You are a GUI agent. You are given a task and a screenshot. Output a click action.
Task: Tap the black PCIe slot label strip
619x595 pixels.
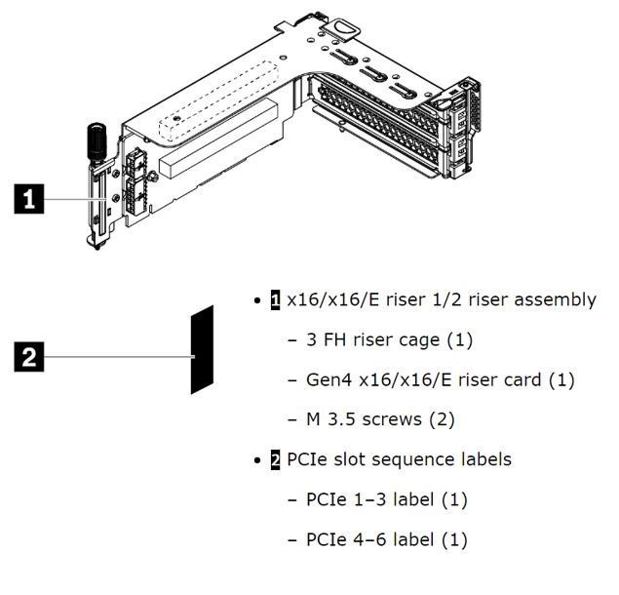(202, 349)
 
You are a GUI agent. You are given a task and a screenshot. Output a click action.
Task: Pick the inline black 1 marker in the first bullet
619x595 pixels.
(275, 299)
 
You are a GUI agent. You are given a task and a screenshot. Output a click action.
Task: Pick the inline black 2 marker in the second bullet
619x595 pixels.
(275, 459)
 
